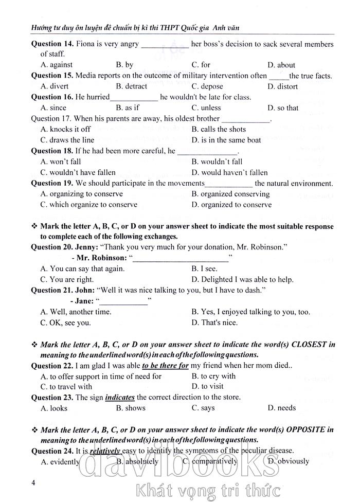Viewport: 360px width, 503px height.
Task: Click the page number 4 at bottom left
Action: tap(33, 482)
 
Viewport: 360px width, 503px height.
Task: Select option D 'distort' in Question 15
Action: tap(282, 86)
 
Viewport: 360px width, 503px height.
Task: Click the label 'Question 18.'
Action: tap(52, 151)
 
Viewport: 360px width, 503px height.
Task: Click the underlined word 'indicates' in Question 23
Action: tap(120, 398)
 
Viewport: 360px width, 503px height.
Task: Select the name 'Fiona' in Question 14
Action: tap(86, 44)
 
